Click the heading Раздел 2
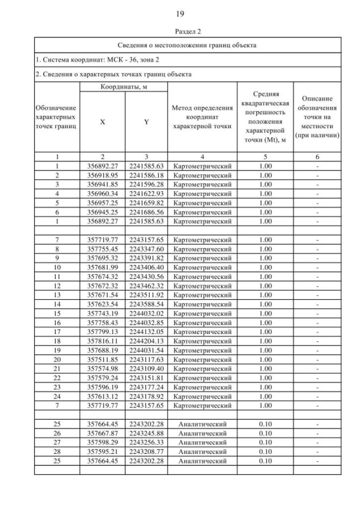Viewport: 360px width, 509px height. pyautogui.click(x=179, y=32)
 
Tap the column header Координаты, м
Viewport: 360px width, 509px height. pyautogui.click(x=124, y=87)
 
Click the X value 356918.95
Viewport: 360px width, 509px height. pyautogui.click(x=102, y=175)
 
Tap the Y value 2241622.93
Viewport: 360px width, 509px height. pyautogui.click(x=146, y=193)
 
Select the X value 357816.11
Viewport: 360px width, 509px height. pyautogui.click(x=102, y=341)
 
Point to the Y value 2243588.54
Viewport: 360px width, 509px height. pyautogui.click(x=146, y=304)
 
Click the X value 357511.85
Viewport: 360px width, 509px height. pyautogui.click(x=102, y=359)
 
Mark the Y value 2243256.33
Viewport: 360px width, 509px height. pyautogui.click(x=146, y=442)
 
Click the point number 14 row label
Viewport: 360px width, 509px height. pyautogui.click(x=57, y=304)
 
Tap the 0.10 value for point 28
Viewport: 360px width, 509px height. pyautogui.click(x=265, y=451)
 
